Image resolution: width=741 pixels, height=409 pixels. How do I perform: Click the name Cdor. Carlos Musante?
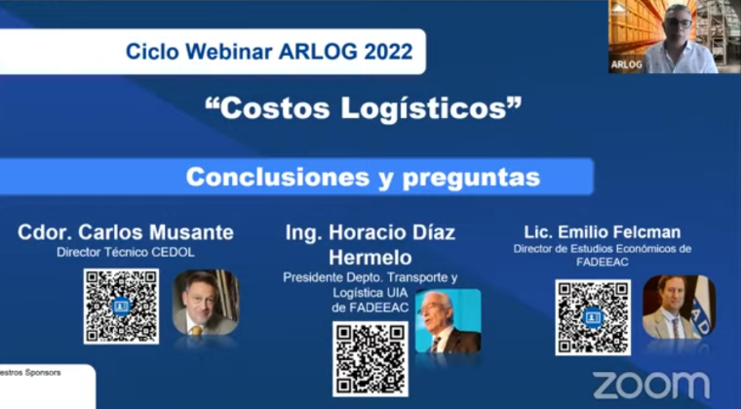(126, 232)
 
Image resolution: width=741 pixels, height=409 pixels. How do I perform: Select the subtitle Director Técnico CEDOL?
(126, 253)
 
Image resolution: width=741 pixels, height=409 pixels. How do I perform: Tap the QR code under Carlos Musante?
(121, 306)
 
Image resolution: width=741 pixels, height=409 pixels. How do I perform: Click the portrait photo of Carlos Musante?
(205, 304)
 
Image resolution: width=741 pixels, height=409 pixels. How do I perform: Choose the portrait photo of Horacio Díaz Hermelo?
(448, 322)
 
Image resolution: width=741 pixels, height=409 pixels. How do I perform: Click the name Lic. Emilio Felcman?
(601, 232)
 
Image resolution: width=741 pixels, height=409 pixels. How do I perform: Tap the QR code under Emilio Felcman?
(593, 317)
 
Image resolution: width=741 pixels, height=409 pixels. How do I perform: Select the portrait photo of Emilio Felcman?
(678, 307)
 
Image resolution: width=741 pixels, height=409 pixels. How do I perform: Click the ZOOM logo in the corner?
(650, 385)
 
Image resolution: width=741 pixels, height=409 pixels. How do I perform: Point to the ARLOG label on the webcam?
(626, 64)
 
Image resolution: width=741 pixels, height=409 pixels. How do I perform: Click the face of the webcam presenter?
(678, 22)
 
